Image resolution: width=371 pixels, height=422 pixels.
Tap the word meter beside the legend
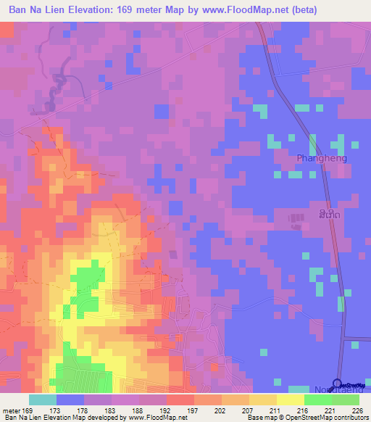pyautogui.click(x=12, y=411)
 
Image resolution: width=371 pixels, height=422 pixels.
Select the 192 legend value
pyautogui.click(x=146, y=411)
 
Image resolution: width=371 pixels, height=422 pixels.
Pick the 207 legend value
pyautogui.click(x=229, y=411)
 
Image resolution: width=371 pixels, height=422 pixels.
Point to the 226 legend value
pyautogui.click(x=353, y=411)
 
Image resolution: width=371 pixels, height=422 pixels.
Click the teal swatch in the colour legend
pyautogui.click(x=43, y=400)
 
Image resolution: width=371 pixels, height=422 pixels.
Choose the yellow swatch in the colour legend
pyautogui.click(x=291, y=400)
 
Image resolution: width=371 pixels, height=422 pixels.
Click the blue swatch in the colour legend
pyautogui.click(x=70, y=400)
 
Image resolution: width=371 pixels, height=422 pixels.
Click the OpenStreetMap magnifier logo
pyautogui.click(x=338, y=385)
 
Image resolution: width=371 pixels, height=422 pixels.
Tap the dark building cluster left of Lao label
pyautogui.click(x=296, y=218)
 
